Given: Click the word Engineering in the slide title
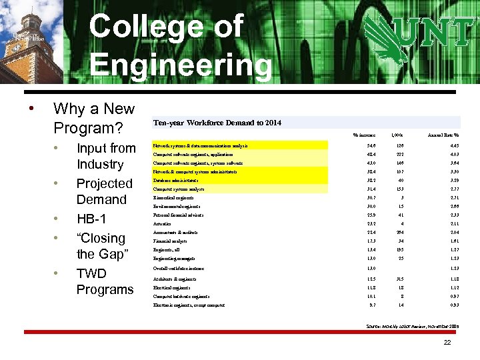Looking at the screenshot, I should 181,65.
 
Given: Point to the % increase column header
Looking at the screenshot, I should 364,135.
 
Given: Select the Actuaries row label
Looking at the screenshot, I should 162,224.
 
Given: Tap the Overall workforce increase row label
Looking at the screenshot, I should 178,269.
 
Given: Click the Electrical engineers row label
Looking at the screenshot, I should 171,287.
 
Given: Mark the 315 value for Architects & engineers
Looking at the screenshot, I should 400,279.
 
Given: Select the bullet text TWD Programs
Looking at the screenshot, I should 104,281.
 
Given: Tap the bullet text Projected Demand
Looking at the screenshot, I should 104,191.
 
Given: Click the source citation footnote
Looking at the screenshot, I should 412,326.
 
